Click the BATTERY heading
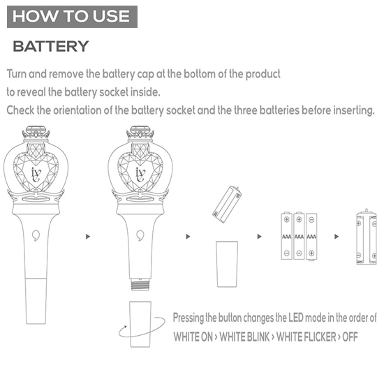51,47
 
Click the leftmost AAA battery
287,236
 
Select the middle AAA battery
299,236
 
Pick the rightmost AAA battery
311,236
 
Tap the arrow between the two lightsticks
88,237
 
